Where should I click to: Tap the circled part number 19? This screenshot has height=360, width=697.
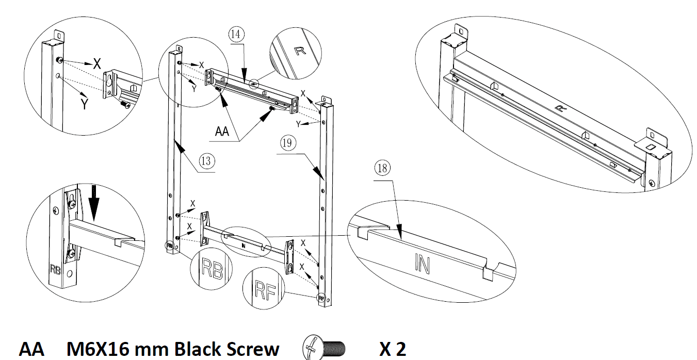tap(288, 143)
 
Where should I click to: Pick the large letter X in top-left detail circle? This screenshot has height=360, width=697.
tap(97, 64)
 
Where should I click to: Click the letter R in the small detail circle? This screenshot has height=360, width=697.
tap(300, 50)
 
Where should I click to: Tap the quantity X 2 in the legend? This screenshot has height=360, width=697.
tap(393, 349)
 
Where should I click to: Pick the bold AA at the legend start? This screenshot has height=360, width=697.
tap(32, 349)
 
